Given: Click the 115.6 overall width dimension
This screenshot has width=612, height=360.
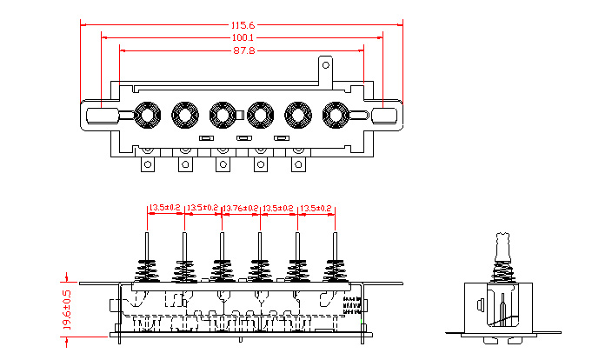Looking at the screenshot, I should coord(243,25).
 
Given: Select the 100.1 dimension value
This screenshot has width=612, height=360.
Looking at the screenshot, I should coord(243,38).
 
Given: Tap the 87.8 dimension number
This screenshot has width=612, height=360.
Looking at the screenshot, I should coord(243,51).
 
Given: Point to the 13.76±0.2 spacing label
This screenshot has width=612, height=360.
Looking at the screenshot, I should coord(241,209).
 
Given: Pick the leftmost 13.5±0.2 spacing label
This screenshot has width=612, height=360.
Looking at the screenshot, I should coord(165,209).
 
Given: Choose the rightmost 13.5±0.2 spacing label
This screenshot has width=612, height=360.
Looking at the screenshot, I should coord(316,209).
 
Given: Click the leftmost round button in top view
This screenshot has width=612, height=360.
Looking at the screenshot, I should coord(146,114).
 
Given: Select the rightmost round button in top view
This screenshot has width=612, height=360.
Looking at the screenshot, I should coord(336,114).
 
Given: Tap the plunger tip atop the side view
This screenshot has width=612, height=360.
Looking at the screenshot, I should coord(502,239).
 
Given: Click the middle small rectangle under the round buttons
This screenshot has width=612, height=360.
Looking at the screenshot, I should coord(244,139).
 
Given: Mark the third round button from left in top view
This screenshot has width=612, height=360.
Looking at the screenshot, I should coord(222,114).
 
